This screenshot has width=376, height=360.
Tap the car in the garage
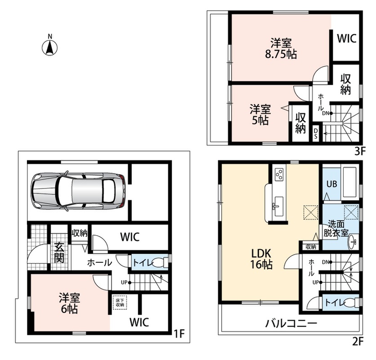pyautogui.click(x=79, y=191)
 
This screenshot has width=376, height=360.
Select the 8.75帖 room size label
pyautogui.click(x=281, y=54)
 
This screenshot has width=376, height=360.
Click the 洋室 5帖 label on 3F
pyautogui.click(x=260, y=114)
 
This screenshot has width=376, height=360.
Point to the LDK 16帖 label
pyautogui.click(x=261, y=259)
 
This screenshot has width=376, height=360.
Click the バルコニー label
pyautogui.click(x=291, y=324)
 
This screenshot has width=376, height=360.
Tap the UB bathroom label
pyautogui.click(x=331, y=184)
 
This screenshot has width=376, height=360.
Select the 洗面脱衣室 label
pyautogui.click(x=336, y=229)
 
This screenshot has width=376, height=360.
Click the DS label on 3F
pyautogui.click(x=316, y=133)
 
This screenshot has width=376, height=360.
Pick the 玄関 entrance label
pyautogui.click(x=59, y=253)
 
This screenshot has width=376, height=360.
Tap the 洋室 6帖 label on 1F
pyautogui.click(x=69, y=303)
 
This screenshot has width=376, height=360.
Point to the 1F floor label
pyautogui.click(x=179, y=333)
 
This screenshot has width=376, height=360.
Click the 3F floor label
pyautogui.click(x=359, y=151)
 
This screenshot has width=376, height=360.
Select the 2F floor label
pyautogui.click(x=358, y=341)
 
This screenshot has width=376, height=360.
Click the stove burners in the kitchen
pyautogui.click(x=279, y=174)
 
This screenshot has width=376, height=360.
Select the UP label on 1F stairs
pyautogui.click(x=124, y=283)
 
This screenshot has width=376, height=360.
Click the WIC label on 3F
pyautogui.click(x=347, y=38)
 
